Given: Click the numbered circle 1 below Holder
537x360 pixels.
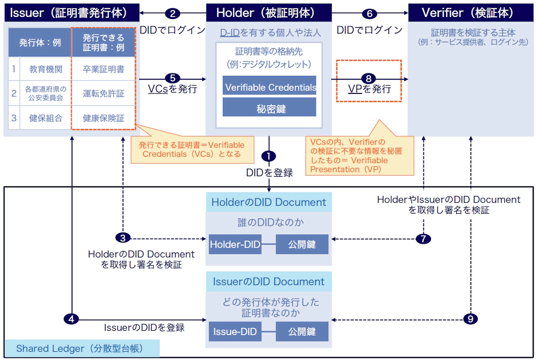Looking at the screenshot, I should point(268,156).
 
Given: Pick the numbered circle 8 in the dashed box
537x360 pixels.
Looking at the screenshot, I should point(369,78).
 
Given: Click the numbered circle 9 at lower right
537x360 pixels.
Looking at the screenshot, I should point(470,319).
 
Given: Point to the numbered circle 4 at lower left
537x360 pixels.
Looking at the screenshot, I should point(72,319).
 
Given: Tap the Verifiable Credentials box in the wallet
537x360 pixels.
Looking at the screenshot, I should point(269,88).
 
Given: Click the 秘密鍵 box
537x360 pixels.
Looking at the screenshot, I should point(269,108).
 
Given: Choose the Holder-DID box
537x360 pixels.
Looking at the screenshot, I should point(235,244).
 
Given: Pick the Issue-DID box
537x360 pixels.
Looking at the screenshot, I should point(235,331).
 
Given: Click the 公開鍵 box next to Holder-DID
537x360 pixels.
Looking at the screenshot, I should point(302,244).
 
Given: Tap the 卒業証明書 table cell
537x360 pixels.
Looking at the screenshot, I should point(103,70).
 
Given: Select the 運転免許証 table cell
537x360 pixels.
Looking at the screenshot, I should point(103,93).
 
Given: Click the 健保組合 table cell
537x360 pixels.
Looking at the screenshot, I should point(46,118).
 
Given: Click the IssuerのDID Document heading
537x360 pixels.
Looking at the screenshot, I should point(268,282).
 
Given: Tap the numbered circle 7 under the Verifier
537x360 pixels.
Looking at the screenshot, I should point(423,239).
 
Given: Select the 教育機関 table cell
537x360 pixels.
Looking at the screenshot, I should point(46,70).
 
